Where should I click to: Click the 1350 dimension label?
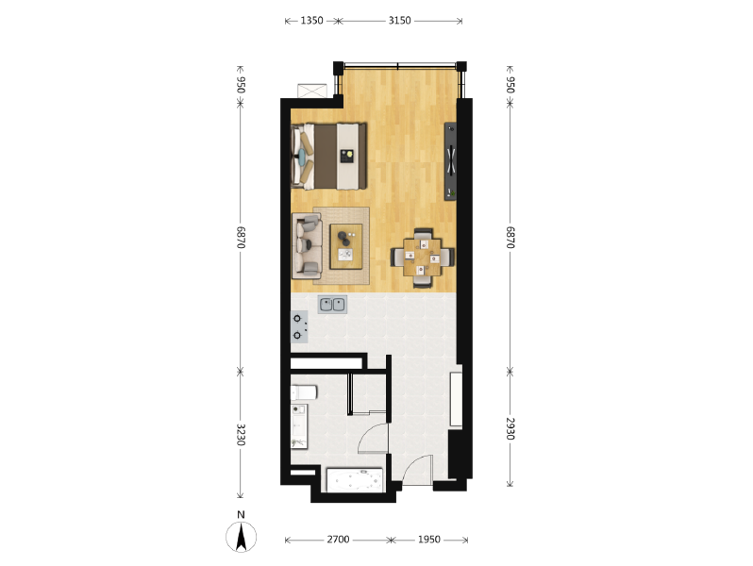(x=311, y=21)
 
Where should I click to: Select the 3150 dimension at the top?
(x=399, y=21)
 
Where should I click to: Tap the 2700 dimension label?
(x=338, y=540)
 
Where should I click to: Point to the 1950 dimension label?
(x=428, y=540)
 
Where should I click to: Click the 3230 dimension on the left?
(x=241, y=435)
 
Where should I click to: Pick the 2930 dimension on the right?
(x=510, y=428)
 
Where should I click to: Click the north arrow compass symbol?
(x=241, y=537)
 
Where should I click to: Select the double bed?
(x=329, y=157)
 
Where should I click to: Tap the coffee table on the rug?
(x=345, y=246)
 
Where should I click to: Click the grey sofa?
(x=308, y=246)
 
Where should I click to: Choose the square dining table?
(x=422, y=258)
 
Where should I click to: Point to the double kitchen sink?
(x=332, y=305)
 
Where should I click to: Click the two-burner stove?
(x=299, y=326)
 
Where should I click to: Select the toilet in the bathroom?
(x=304, y=392)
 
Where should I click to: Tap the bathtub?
(x=355, y=479)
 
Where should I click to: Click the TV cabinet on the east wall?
(x=450, y=161)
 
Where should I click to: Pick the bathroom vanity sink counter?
(x=299, y=426)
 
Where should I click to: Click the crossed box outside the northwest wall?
(x=312, y=91)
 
